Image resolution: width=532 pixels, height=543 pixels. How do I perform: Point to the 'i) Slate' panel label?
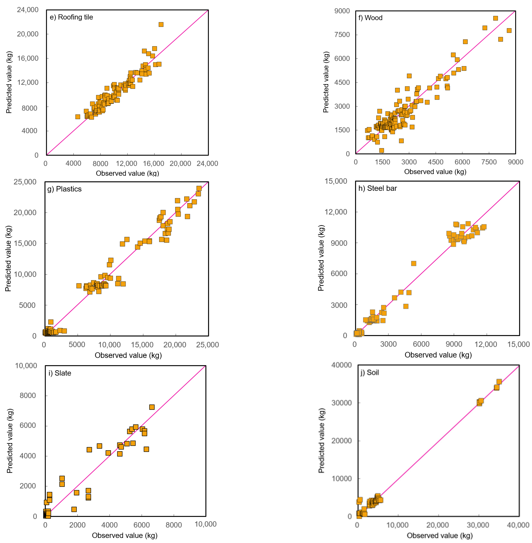point(60,373)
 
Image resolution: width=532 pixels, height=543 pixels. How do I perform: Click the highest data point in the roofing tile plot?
point(161,25)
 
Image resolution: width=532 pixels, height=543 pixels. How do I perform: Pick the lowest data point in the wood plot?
point(381,150)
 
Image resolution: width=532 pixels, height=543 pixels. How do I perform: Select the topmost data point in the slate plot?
point(152,407)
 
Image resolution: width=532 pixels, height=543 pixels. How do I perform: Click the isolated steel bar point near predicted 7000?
point(414,263)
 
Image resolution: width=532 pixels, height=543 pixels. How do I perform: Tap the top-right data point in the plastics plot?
point(199,188)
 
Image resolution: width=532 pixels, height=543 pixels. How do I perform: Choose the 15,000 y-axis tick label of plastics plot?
point(25,243)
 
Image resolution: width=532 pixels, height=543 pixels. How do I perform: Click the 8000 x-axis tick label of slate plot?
point(174,525)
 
